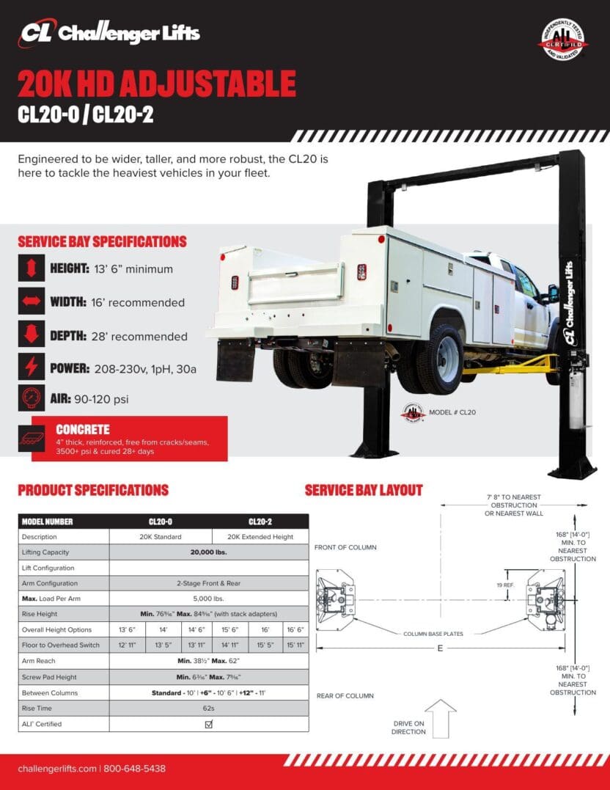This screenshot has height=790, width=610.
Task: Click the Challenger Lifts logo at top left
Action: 110,33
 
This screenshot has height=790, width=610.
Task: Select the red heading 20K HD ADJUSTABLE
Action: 157,85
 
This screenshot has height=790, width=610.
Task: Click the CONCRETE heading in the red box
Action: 83,430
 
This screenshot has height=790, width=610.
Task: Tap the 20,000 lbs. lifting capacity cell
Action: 209,552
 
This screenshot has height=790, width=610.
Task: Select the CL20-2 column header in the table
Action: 260,522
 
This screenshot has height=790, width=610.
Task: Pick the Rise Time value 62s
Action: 209,709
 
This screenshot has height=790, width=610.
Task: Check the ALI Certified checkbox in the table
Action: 209,724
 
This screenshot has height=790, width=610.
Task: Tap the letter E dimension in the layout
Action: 439,647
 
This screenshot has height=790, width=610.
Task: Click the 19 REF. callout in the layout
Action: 505,585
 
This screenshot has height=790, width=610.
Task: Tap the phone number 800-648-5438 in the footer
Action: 135,769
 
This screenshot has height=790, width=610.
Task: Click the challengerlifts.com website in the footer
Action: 57,769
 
